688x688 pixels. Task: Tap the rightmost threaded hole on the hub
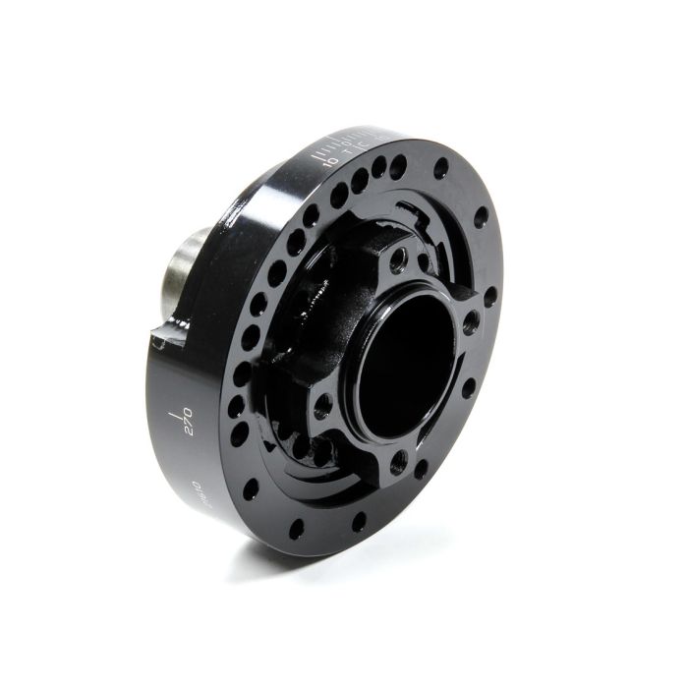pos(473,320)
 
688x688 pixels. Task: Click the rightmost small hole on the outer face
pos(489,295)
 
